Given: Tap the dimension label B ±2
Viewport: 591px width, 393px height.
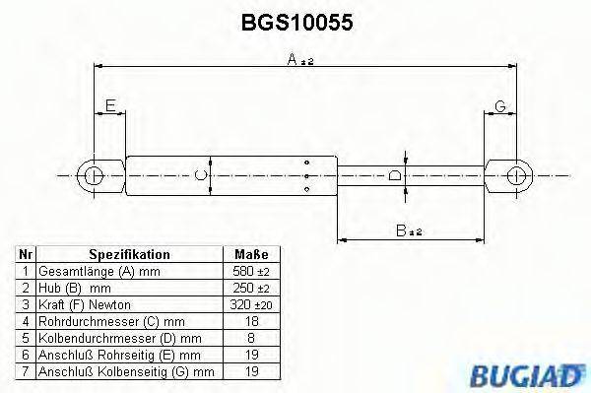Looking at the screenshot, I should pos(408,230).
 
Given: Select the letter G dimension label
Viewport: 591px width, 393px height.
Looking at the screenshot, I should pos(500,105).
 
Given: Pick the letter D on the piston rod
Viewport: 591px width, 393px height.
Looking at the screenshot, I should pos(394,177).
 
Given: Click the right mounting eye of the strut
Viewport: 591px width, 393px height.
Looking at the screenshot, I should pos(515,177).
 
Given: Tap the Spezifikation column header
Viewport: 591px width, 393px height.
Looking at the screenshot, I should pos(129,254).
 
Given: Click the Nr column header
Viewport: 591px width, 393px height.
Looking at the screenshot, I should pos(27,254).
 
